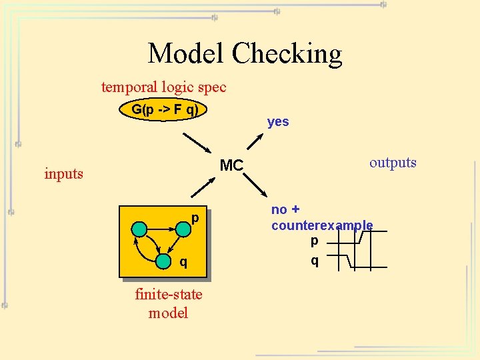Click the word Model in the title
pos(186,53)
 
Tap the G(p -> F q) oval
pos(164,110)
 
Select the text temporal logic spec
pos(163,87)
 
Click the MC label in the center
pos(231,165)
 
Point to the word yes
pos(278,121)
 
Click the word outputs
pos(393,163)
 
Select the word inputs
pos(63,174)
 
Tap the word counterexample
pos(322,225)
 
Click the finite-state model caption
pos(168,303)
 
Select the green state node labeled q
pos(162,262)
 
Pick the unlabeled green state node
pos(139,229)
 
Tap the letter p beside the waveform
pos(314,240)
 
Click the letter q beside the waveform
pos(314,261)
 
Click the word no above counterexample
pos(279,209)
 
